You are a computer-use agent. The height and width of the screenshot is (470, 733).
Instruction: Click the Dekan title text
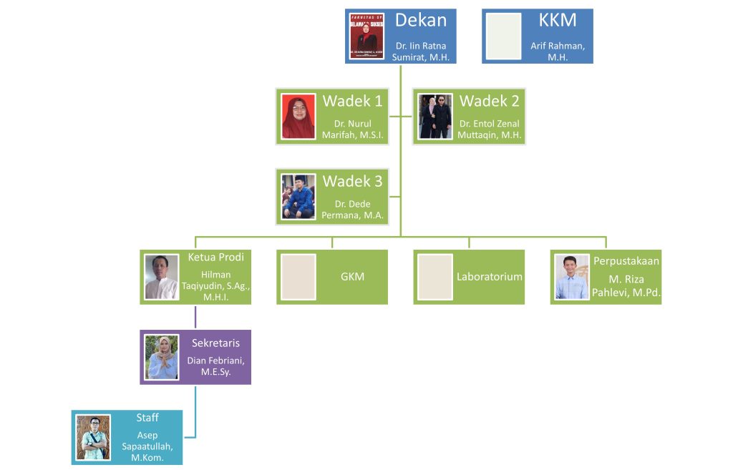[421, 20]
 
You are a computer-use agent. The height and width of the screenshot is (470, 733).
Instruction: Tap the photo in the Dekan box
[367, 36]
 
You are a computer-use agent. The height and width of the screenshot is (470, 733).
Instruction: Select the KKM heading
[557, 20]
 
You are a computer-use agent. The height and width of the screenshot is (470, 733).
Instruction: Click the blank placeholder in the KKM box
[503, 36]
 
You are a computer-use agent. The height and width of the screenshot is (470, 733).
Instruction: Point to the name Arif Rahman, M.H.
[558, 52]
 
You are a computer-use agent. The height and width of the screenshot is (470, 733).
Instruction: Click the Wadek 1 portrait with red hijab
[298, 116]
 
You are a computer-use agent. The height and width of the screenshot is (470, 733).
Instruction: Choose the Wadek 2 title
[490, 101]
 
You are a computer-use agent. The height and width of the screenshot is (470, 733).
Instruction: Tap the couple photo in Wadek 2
[435, 116]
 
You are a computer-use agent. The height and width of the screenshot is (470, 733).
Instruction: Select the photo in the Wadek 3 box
[298, 196]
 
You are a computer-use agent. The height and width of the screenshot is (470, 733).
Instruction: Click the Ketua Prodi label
[215, 258]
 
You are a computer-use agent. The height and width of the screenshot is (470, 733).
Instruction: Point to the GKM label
[352, 276]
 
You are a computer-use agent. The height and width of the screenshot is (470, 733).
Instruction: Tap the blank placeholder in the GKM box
[298, 277]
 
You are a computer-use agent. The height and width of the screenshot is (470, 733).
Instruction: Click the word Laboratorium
[490, 276]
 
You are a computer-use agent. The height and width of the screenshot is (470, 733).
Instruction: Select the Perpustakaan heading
[626, 260]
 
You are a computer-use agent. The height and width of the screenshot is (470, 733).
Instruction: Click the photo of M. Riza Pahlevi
[572, 277]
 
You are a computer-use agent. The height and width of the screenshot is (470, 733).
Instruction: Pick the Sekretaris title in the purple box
[215, 343]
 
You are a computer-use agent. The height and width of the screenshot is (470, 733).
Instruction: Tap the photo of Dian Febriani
[162, 357]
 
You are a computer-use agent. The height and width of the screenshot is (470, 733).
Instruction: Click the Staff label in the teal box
[147, 418]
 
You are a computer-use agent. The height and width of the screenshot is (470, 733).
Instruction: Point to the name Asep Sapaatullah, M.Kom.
[147, 446]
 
